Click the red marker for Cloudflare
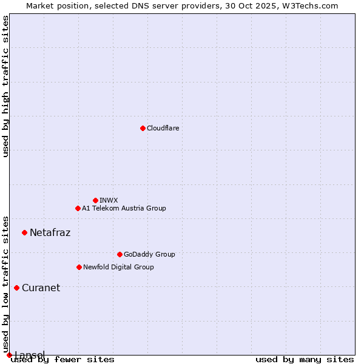pos(143,128)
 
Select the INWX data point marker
pos(95,200)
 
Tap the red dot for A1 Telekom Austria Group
pos(78,208)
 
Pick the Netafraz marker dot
pos(24,232)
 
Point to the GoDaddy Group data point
pos(120,254)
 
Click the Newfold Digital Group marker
pos(79,267)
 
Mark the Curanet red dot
pos(16,288)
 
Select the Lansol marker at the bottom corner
pos(9,355)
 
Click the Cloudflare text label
pos(163,128)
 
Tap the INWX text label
pos(109,200)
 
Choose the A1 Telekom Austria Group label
pos(124,208)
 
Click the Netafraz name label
pos(50,232)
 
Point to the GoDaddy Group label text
pos(149,254)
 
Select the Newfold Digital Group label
pos(118,267)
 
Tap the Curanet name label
pos(41,288)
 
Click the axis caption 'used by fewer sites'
pos(62,360)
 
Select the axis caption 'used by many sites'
pos(305,360)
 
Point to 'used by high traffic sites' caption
pos(6,86)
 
